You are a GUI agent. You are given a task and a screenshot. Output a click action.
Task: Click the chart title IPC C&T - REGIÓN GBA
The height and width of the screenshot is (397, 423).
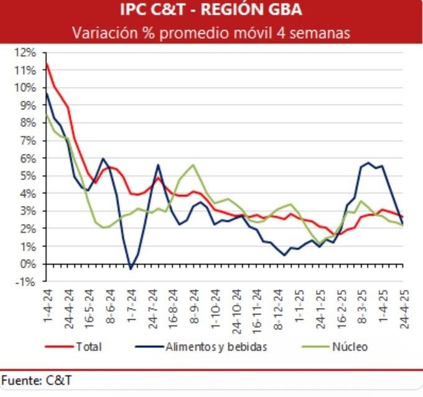(211, 11)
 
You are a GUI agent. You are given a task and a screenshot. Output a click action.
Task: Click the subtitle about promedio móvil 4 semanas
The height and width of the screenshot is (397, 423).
(211, 32)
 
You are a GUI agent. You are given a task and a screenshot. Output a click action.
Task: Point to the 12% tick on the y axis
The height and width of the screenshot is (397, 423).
(27, 52)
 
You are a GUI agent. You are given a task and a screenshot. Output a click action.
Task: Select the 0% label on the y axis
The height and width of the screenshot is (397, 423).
(29, 264)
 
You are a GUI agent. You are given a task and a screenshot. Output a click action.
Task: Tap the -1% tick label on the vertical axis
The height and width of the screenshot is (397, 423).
(28, 281)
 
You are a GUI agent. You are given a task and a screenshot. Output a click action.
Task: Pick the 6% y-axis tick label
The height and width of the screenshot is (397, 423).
(29, 158)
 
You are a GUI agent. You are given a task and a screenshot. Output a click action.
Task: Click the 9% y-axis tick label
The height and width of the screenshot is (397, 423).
(29, 105)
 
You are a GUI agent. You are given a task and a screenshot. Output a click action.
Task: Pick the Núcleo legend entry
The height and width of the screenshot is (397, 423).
(351, 347)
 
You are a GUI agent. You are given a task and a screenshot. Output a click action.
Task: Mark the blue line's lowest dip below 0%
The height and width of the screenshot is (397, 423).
(131, 269)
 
